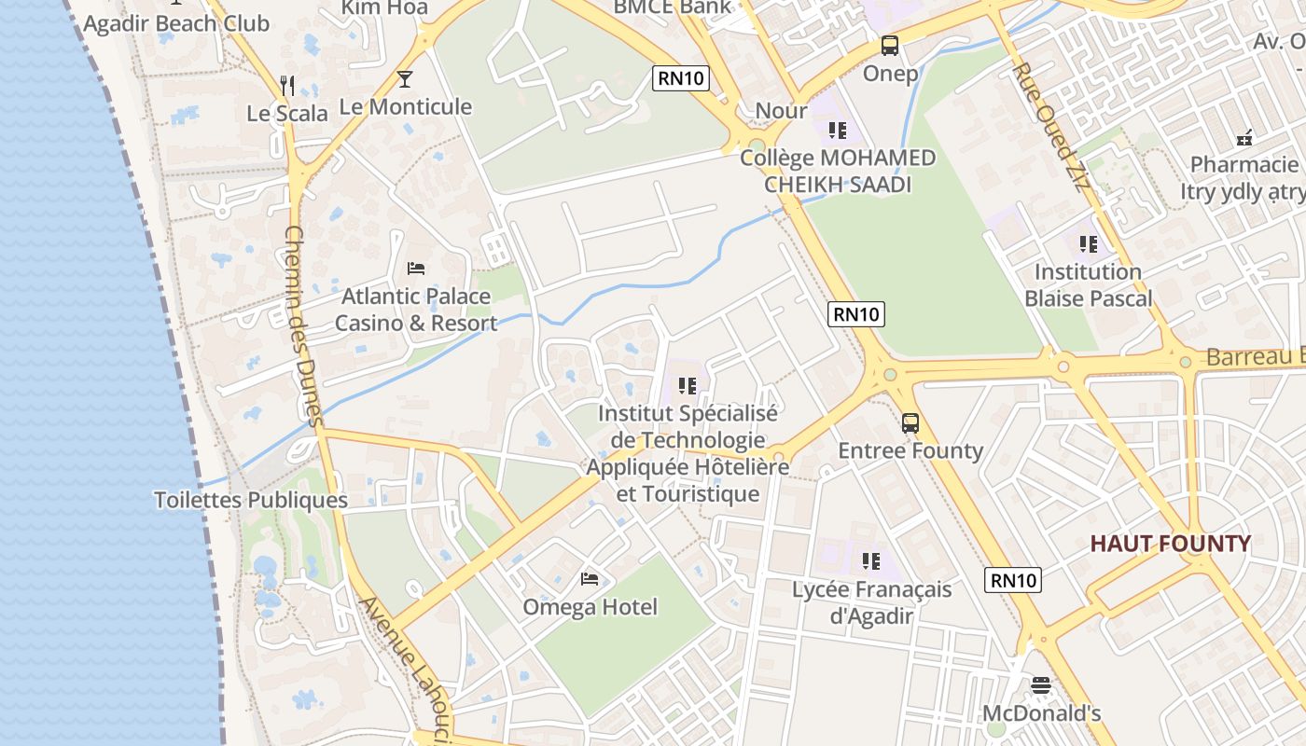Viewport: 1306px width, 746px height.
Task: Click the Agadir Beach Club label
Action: [x=176, y=23]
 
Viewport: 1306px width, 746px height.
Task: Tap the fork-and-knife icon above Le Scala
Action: [x=287, y=86]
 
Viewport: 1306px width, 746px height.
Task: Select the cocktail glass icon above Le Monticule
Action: [x=405, y=79]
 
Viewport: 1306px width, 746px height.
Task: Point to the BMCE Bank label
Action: [x=673, y=7]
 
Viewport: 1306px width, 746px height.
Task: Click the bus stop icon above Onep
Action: [x=890, y=46]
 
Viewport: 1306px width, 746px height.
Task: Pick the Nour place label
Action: [x=781, y=111]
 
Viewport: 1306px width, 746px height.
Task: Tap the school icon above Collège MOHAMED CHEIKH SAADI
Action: [x=837, y=131]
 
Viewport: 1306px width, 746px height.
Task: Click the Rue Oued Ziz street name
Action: [x=1051, y=127]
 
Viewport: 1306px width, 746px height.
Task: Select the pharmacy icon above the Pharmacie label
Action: [x=1244, y=138]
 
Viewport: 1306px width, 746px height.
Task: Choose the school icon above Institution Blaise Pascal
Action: [x=1089, y=244]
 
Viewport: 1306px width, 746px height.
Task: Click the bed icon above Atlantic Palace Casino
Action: [x=416, y=269]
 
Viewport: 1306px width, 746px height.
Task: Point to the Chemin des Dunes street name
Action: [x=303, y=326]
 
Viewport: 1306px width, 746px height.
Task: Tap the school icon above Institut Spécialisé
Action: [x=688, y=385]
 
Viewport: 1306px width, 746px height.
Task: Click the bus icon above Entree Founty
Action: [x=910, y=423]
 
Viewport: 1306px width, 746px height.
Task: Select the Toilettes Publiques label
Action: [x=251, y=501]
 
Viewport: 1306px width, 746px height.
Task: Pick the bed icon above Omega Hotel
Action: [x=590, y=579]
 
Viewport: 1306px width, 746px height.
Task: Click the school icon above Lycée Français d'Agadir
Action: [x=870, y=561]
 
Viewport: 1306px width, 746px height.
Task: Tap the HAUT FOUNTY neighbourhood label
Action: [x=1171, y=544]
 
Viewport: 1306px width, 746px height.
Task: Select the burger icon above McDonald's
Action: [x=1041, y=686]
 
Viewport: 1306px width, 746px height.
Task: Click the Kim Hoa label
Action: [x=384, y=8]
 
